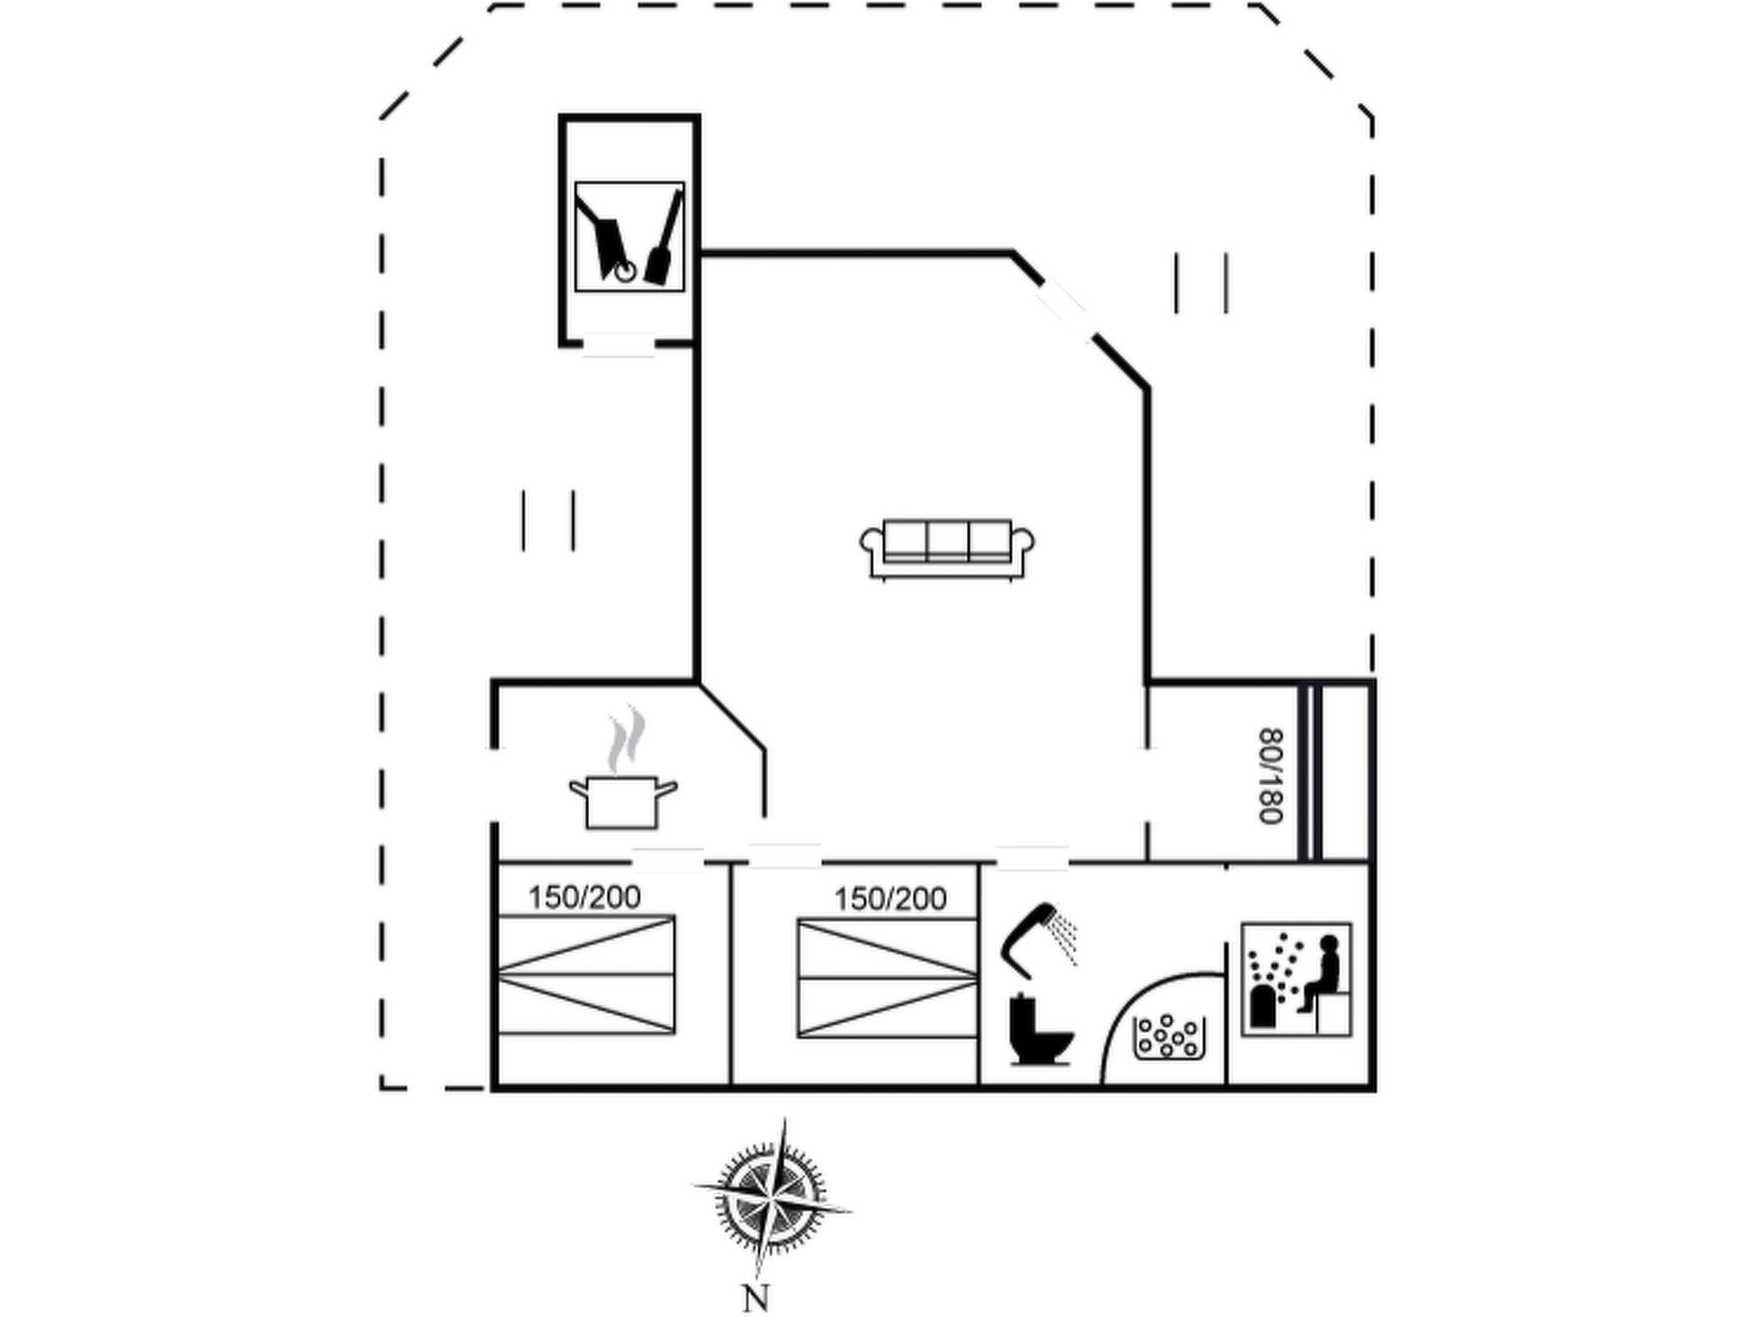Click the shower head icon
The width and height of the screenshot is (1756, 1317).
1039,940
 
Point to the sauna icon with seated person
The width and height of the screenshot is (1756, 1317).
1296,979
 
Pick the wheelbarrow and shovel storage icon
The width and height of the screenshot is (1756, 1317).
629,236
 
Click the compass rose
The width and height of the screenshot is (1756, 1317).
772,1197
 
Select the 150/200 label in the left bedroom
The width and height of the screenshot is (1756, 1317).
584,897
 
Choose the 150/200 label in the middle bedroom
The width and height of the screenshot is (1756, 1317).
890,899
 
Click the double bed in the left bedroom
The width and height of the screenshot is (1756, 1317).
586,974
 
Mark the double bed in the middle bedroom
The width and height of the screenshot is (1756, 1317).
887,978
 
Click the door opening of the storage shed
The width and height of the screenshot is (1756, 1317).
618,345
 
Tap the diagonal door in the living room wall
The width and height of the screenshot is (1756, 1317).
1064,310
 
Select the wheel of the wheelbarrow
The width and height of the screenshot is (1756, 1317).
626,273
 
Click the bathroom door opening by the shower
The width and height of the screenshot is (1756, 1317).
1032,859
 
